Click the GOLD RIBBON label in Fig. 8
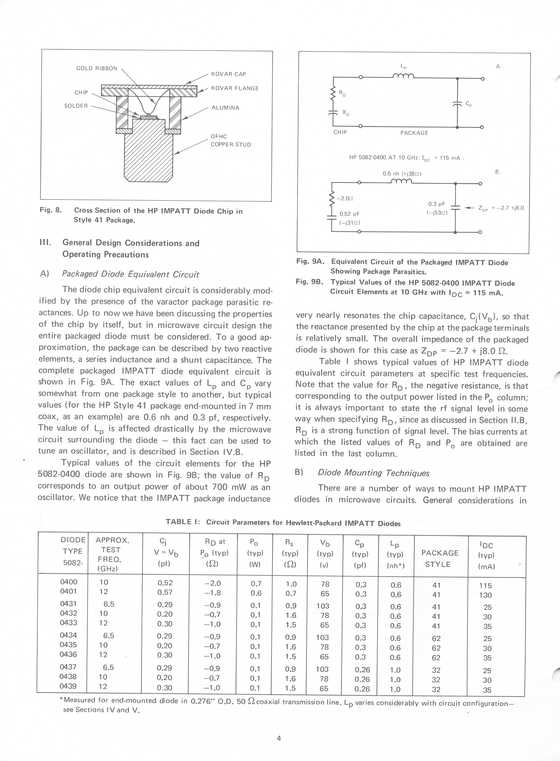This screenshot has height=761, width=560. (96, 68)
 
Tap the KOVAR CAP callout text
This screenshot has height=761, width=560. (228, 74)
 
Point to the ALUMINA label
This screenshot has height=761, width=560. (225, 108)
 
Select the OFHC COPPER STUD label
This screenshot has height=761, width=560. (231, 141)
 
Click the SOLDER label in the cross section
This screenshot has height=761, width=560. (76, 106)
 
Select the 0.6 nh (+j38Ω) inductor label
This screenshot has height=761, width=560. (402, 174)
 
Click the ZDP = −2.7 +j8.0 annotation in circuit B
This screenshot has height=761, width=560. (501, 208)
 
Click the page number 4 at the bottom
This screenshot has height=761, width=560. (279, 738)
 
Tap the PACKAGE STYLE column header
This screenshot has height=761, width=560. (440, 558)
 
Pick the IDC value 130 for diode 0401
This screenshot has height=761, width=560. (485, 595)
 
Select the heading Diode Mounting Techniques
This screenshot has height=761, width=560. (373, 473)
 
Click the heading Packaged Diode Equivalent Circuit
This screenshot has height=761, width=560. (131, 274)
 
